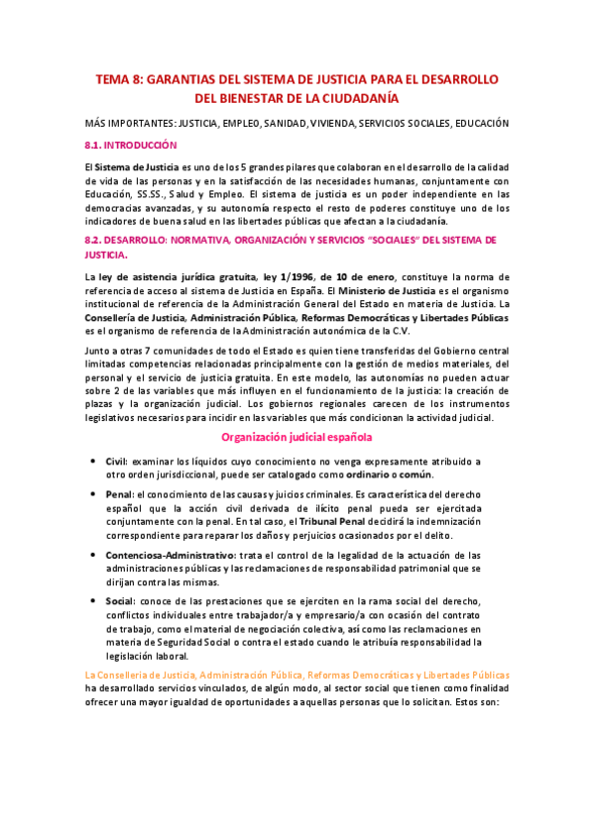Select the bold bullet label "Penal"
[119, 493]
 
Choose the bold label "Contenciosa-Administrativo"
[171, 556]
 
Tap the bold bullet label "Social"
[121, 601]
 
